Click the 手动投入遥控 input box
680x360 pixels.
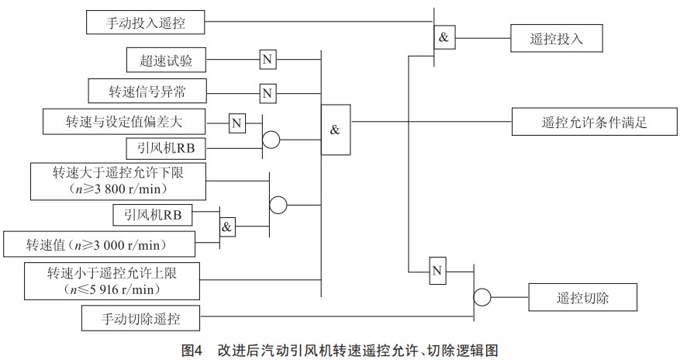(x=146, y=22)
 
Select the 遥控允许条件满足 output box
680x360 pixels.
(x=593, y=122)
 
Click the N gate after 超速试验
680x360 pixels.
(x=268, y=60)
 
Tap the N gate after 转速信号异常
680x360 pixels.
(x=268, y=93)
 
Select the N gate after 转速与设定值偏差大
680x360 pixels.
(x=236, y=123)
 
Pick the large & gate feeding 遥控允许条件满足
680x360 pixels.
(x=335, y=129)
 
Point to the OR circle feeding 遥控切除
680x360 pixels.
(x=482, y=297)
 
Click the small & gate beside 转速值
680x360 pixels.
(x=227, y=227)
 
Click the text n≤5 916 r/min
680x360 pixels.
(x=113, y=289)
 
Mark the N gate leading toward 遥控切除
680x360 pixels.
(x=437, y=271)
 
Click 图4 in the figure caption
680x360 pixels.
(x=191, y=351)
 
